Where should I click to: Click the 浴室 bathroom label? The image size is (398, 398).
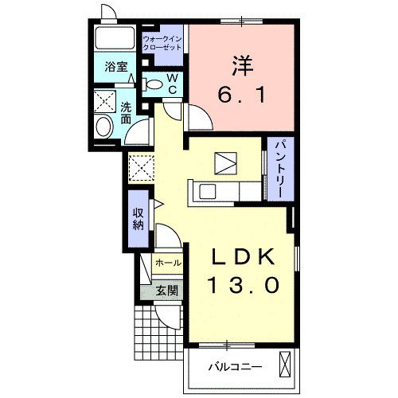point(116,67)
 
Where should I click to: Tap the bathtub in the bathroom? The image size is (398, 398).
point(115,37)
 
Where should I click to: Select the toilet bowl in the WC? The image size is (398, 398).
point(153,84)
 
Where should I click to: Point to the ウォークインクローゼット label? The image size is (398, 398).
point(162,43)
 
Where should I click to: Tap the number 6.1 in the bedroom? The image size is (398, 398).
point(241,95)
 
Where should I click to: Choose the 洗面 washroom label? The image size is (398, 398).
point(126,113)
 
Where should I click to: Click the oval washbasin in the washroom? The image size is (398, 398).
point(103,127)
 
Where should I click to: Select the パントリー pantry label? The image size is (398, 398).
point(280,169)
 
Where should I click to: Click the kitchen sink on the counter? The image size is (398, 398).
point(207,192)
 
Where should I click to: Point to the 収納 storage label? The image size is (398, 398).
point(139,219)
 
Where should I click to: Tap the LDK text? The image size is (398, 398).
point(243,257)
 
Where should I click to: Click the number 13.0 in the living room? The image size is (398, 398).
point(244,285)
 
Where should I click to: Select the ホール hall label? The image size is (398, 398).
point(169,263)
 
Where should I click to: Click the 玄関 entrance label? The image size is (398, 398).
point(166,291)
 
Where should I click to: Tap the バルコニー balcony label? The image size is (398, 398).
point(235,367)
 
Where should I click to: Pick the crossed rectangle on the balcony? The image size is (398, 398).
point(285,364)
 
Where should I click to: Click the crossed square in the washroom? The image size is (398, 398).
point(105,101)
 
